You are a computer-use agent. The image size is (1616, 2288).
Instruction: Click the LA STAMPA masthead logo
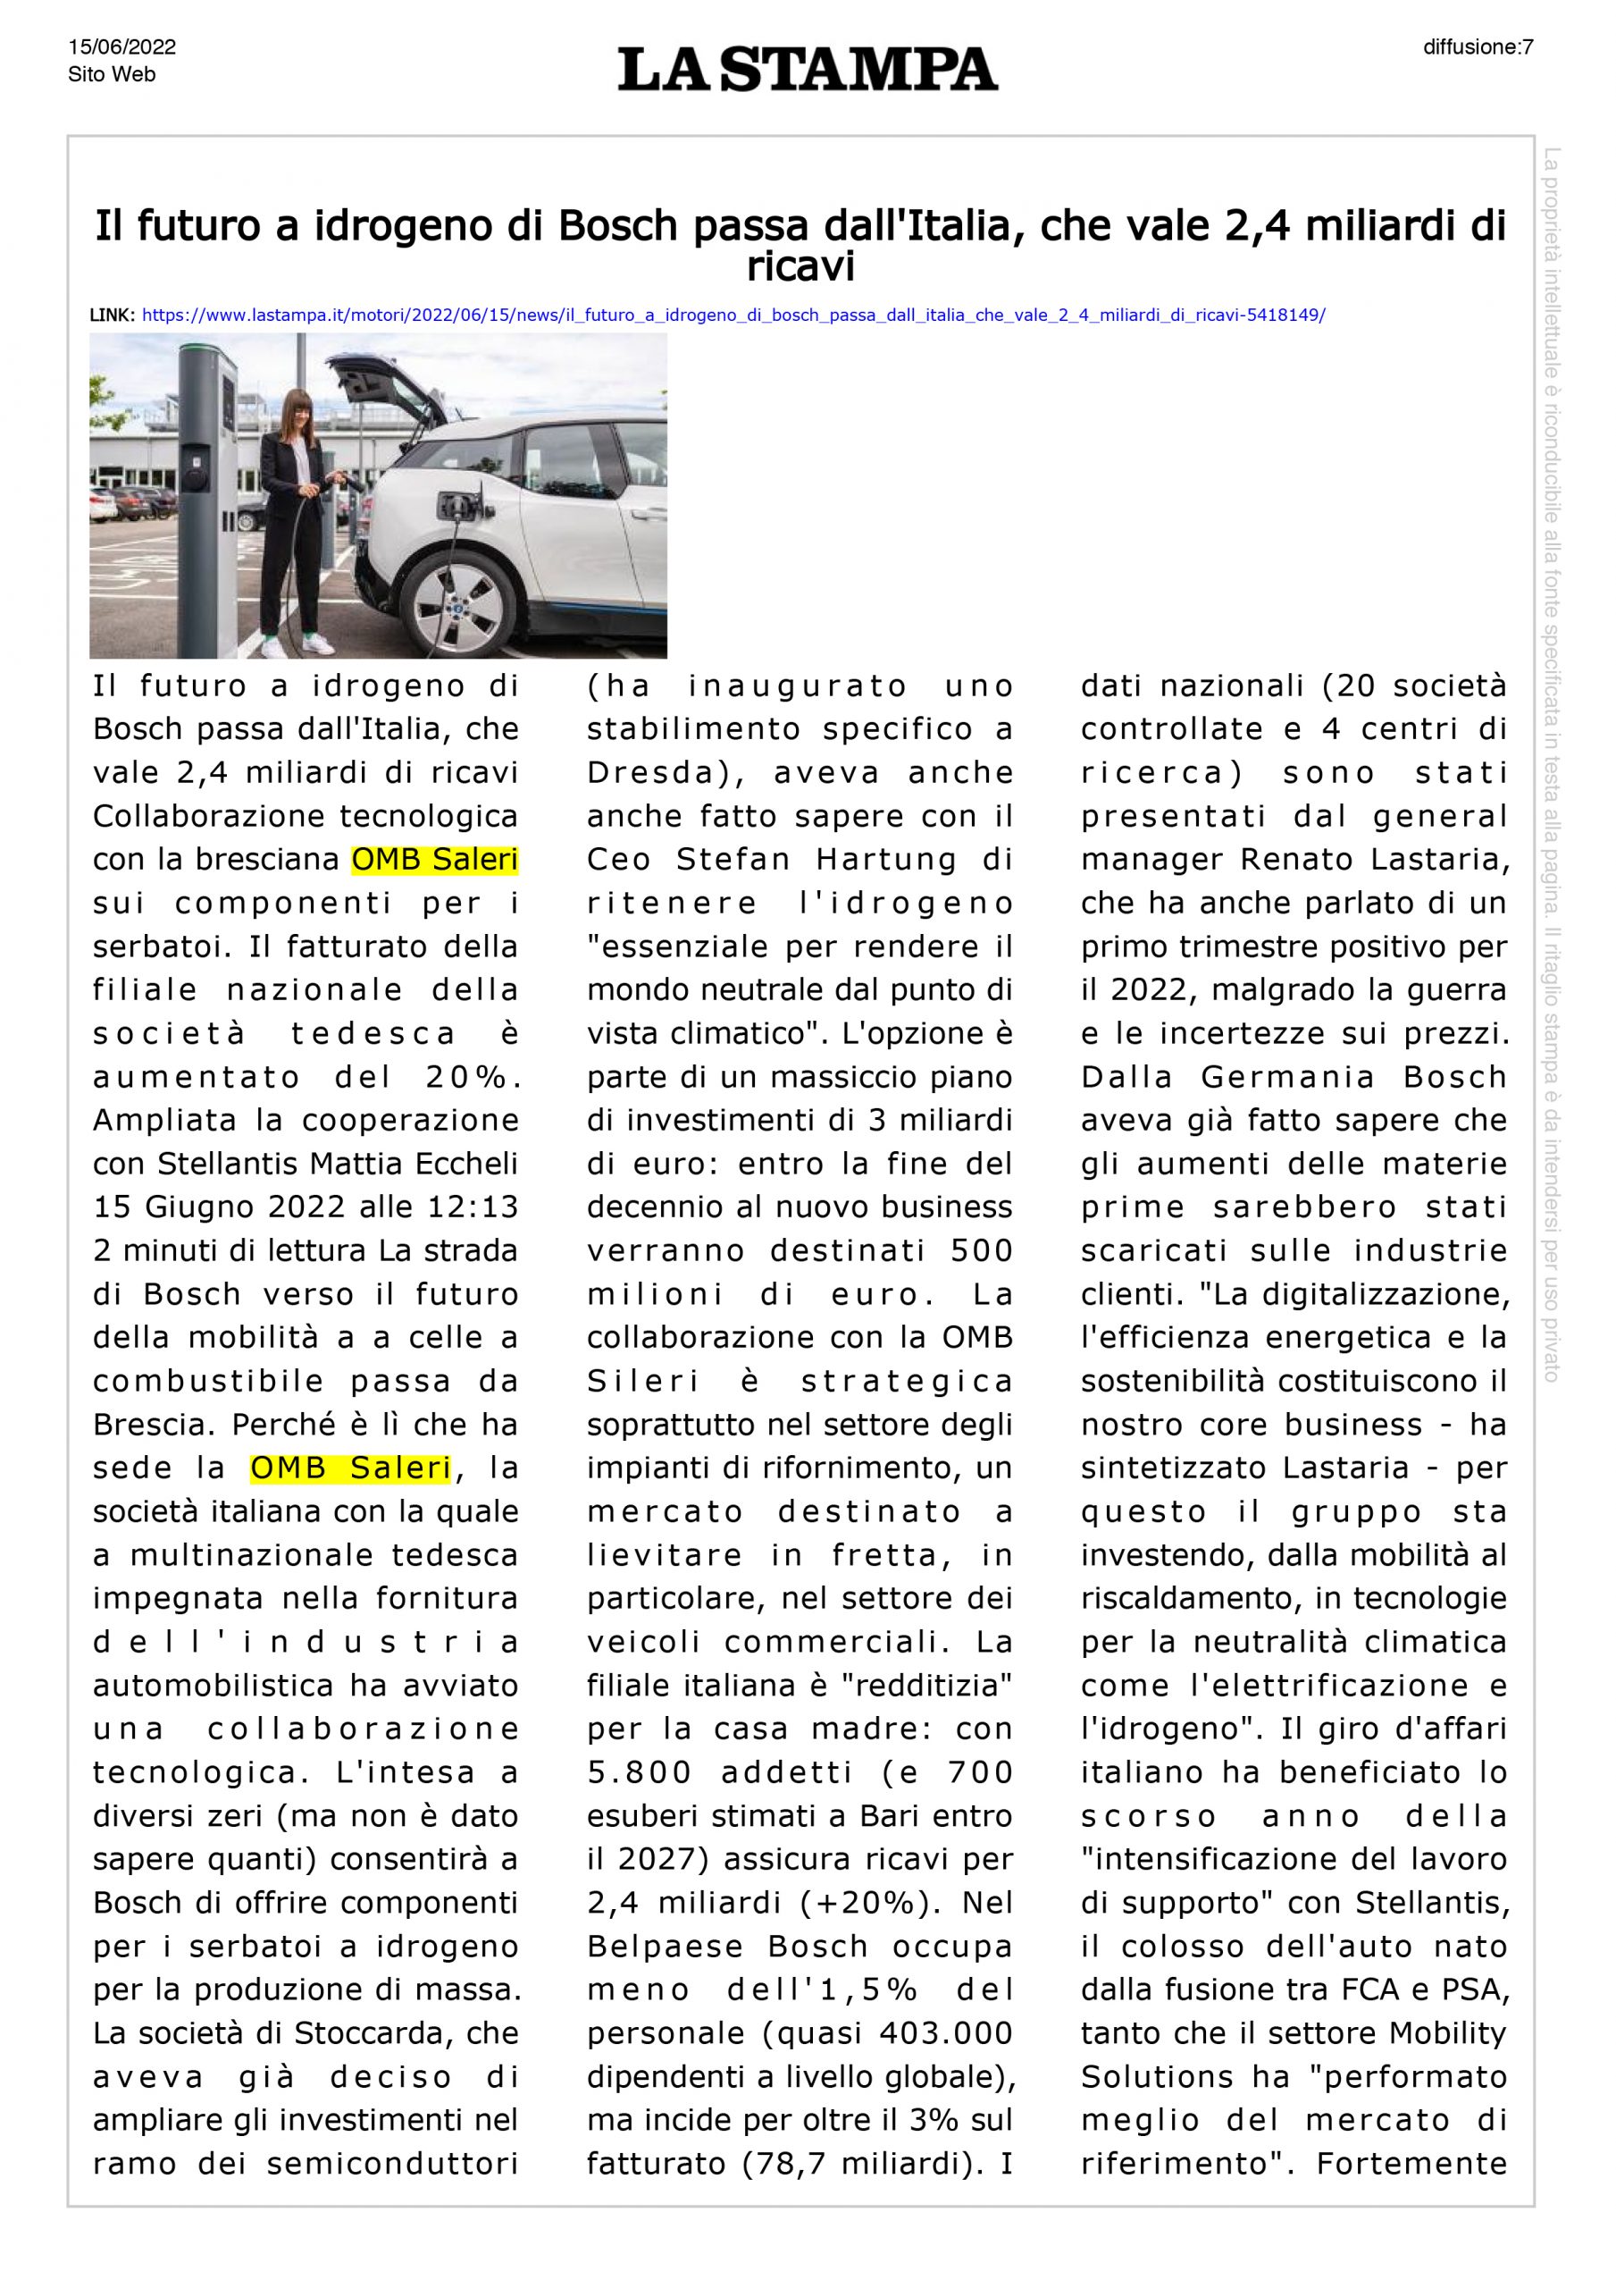click(x=807, y=69)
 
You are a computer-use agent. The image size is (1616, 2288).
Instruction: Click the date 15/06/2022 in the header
click(x=121, y=46)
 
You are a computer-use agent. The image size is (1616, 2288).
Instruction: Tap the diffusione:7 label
click(x=1478, y=46)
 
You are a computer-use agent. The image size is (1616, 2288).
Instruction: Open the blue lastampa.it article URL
click(x=733, y=315)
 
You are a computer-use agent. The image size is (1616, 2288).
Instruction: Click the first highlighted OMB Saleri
click(x=434, y=859)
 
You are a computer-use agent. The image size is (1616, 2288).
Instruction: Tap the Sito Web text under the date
click(x=112, y=75)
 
